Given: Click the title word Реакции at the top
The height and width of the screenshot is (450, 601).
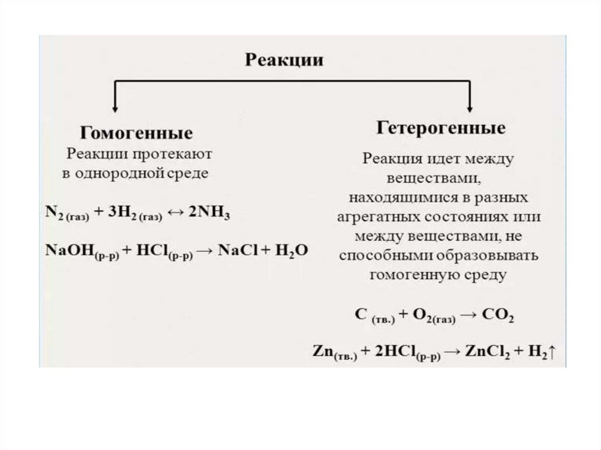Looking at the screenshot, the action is pos(284,60).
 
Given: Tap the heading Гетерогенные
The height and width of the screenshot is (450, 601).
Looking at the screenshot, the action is pos(441,128).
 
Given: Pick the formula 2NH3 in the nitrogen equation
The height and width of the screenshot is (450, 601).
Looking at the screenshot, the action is pos(210,213).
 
